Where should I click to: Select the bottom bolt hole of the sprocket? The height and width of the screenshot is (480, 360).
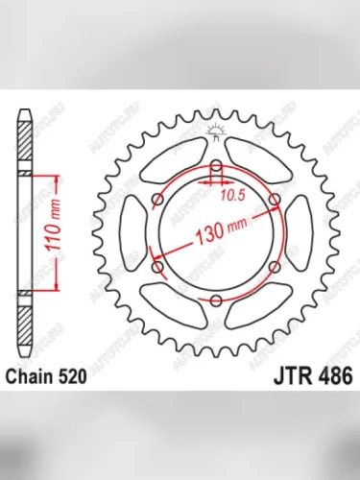tap(217, 301)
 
